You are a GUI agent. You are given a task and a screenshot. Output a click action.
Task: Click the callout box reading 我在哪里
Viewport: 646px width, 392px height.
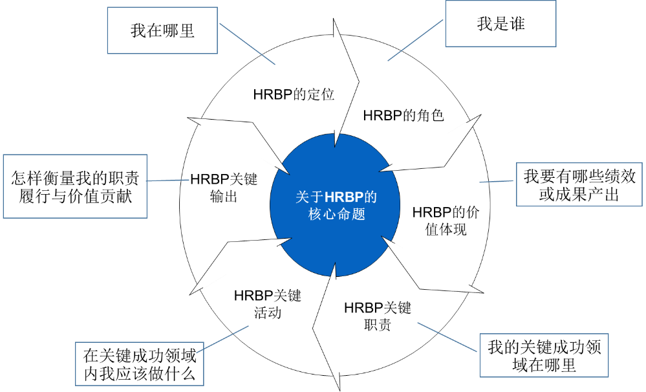tap(162, 30)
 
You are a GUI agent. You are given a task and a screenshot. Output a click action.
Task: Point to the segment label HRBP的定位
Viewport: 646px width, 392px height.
tap(293, 94)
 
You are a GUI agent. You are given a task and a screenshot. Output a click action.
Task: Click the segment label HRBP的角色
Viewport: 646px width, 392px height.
tap(404, 115)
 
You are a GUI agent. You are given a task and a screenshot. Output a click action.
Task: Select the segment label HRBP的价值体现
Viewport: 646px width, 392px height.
tap(446, 221)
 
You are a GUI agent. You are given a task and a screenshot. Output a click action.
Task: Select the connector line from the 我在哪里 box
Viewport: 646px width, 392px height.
tap(247, 44)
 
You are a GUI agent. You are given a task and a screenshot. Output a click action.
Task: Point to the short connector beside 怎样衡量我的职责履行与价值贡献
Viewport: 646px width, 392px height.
tap(167, 180)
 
